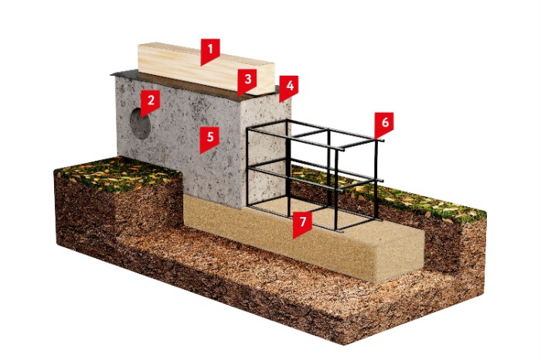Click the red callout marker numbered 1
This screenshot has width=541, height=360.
(210, 51)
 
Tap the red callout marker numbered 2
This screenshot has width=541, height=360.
(151, 103)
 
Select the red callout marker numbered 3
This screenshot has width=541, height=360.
(247, 81)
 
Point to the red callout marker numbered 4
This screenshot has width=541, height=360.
(289, 88)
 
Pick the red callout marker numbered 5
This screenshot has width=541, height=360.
(209, 139)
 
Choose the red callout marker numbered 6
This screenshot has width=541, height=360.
(384, 124)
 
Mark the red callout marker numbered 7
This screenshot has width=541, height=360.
(302, 224)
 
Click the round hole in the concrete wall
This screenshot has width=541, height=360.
(140, 124)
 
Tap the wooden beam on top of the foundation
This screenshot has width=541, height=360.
(206, 68)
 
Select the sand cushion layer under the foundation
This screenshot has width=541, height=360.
(304, 238)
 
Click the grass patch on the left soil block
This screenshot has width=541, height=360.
(119, 174)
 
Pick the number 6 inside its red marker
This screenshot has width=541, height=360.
(385, 122)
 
